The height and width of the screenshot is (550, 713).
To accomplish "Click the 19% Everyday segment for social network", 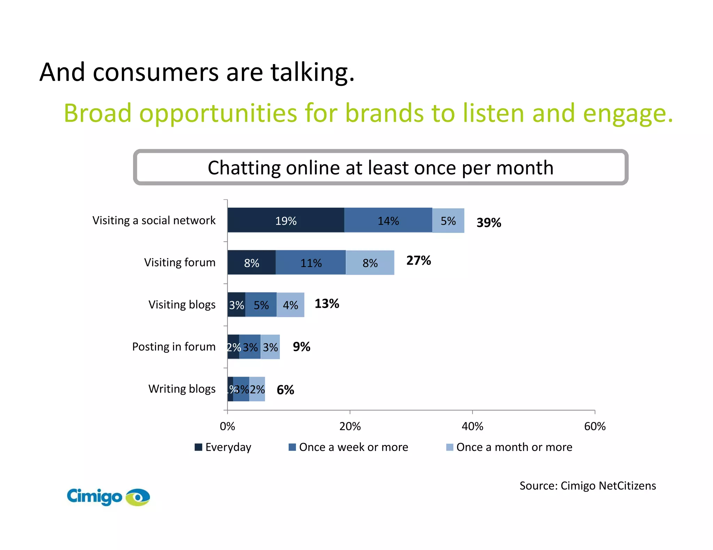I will [x=286, y=220].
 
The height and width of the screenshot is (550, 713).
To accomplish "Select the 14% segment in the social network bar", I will [x=388, y=220].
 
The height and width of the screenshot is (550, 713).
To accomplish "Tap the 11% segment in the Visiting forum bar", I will [x=311, y=263].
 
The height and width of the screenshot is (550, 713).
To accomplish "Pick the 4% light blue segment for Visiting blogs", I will [x=290, y=305].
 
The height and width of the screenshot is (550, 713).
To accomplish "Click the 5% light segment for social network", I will [x=448, y=220].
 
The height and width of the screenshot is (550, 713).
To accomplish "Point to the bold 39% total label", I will [x=489, y=223].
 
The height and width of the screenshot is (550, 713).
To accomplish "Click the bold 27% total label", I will [x=418, y=260].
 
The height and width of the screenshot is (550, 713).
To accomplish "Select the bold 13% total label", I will [x=327, y=304].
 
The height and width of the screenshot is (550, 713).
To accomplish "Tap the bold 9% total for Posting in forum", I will [x=301, y=347].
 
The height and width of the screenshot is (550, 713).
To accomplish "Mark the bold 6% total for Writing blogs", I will [x=285, y=390].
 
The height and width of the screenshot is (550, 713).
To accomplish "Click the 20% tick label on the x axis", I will [x=350, y=426].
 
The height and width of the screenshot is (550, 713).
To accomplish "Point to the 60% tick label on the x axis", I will [x=595, y=426].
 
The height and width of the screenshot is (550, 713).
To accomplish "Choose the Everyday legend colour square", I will [x=198, y=447].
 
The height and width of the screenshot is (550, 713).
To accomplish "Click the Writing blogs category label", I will [x=182, y=389].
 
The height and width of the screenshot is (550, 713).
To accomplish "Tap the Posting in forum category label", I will [x=174, y=347].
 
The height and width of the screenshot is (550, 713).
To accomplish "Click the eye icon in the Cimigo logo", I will [x=138, y=497].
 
